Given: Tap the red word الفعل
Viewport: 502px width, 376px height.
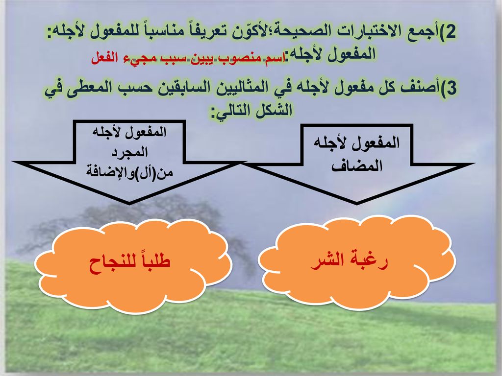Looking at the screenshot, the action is pyautogui.click(x=103, y=58).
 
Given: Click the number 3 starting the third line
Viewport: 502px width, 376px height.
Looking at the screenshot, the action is pyautogui.click(x=451, y=89).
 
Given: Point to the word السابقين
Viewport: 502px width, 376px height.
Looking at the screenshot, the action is pyautogui.click(x=173, y=88).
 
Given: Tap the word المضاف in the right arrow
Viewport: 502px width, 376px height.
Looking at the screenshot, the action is pyautogui.click(x=357, y=166).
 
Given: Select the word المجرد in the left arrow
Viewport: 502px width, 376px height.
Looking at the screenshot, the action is pyautogui.click(x=129, y=152).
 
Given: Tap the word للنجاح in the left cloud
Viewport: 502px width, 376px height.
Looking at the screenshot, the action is pyautogui.click(x=109, y=264).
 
